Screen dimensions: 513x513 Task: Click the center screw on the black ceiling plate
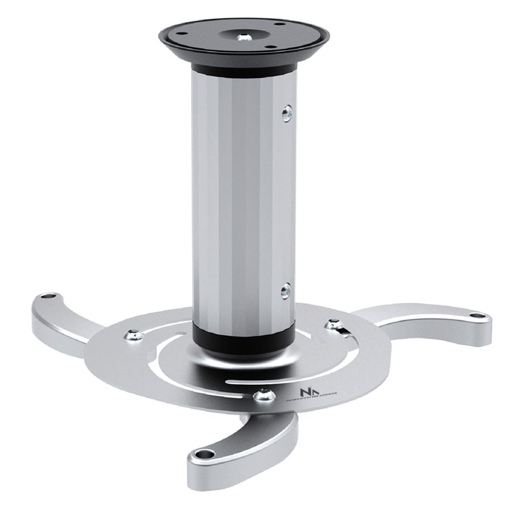[245, 36]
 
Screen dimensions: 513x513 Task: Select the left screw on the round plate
[135, 336]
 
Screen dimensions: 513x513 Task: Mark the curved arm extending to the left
[68, 319]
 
